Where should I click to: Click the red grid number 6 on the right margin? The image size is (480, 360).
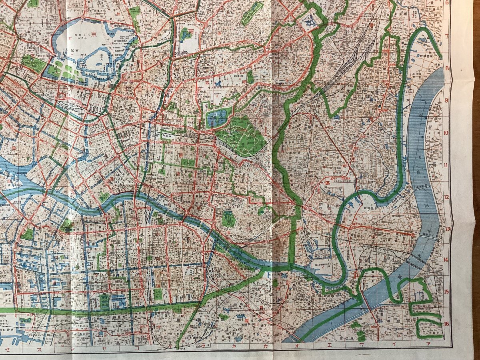point(447,3)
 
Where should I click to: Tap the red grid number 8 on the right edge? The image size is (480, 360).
point(447,68)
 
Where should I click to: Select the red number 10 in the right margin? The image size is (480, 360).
point(447,133)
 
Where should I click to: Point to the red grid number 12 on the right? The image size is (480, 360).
point(447,197)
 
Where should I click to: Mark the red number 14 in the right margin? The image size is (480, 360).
point(447,260)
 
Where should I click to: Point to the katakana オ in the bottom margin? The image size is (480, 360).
point(297,344)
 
